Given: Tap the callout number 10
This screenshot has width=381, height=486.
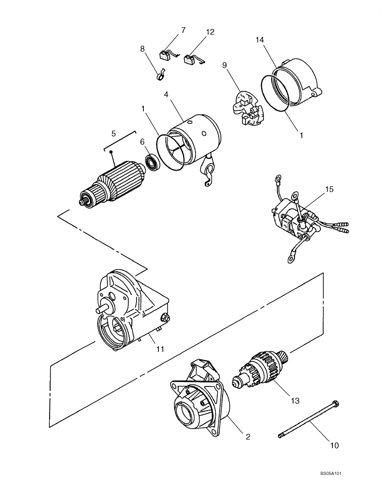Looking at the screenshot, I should (335, 444).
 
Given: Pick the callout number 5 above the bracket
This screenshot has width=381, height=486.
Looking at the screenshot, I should (113, 132).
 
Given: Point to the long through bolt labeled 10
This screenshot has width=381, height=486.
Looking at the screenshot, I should (309, 418).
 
